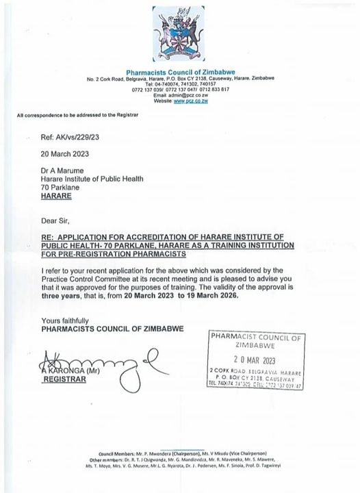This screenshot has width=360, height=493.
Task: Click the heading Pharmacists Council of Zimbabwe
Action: pyautogui.click(x=180, y=72)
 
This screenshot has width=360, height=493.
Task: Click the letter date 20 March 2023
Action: pyautogui.click(x=65, y=154)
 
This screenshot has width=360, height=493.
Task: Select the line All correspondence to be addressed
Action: pyautogui.click(x=77, y=114)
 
